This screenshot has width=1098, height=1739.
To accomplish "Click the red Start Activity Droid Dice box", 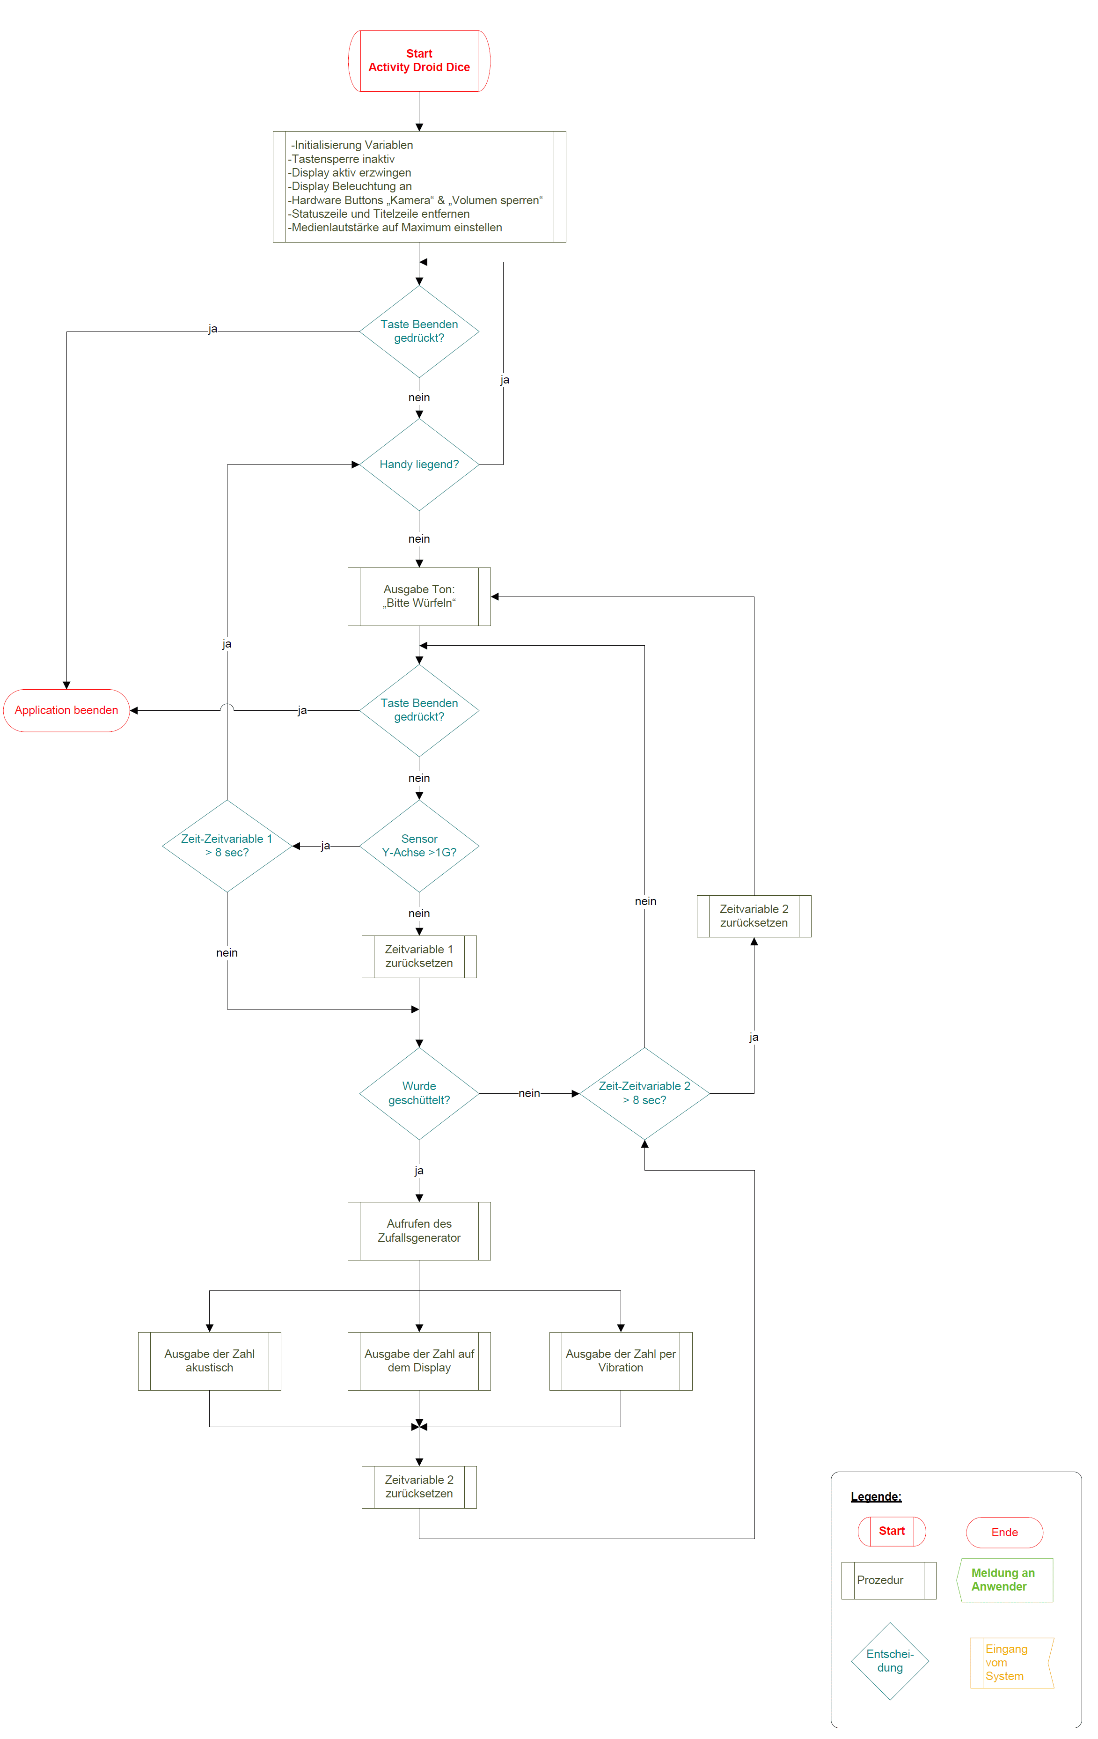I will pyautogui.click(x=419, y=61).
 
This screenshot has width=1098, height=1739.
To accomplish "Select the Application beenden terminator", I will pyautogui.click(x=66, y=710).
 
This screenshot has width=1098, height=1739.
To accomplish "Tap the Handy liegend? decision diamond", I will pyautogui.click(x=419, y=464).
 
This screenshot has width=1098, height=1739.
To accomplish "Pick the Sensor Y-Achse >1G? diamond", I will pyautogui.click(x=419, y=846).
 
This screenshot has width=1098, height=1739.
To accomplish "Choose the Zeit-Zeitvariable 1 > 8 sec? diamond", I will pyautogui.click(x=227, y=846).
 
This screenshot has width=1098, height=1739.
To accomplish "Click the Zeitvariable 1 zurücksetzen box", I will pyautogui.click(x=419, y=956).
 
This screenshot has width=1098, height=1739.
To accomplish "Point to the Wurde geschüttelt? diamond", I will pyautogui.click(x=419, y=1093).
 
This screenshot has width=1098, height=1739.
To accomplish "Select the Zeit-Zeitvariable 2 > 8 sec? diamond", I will pyautogui.click(x=644, y=1093).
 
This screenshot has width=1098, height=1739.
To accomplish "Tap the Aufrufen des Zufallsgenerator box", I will pyautogui.click(x=419, y=1231).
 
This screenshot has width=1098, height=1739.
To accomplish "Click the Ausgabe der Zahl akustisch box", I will pyautogui.click(x=209, y=1361).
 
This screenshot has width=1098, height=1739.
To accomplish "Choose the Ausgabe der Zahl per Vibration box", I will pyautogui.click(x=620, y=1361).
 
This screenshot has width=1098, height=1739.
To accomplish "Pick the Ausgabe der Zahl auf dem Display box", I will pyautogui.click(x=419, y=1361).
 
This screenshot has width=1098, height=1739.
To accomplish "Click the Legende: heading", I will pyautogui.click(x=876, y=1496).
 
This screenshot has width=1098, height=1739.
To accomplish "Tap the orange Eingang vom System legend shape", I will pyautogui.click(x=1010, y=1663).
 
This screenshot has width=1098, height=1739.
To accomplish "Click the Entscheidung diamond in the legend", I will pyautogui.click(x=889, y=1661).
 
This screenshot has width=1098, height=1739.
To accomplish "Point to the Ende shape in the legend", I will pyautogui.click(x=1004, y=1532).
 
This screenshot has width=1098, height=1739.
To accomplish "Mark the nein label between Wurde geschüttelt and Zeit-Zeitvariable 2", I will pyautogui.click(x=528, y=1093).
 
